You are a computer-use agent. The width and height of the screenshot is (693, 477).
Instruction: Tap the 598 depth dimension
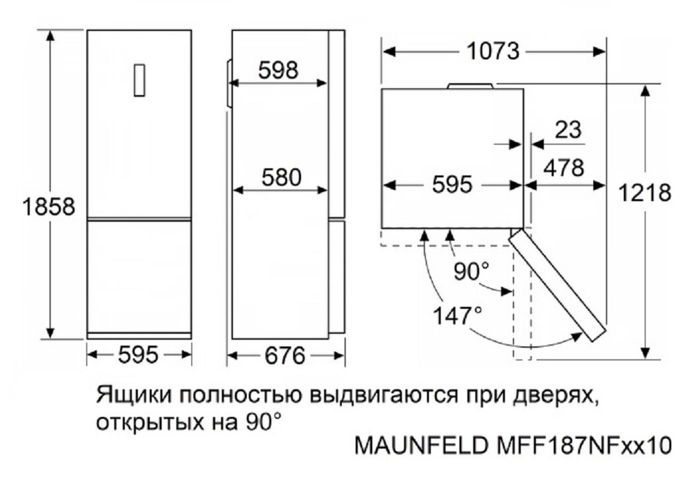coord(278,70)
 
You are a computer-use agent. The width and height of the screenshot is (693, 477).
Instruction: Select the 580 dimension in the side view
coord(280,177)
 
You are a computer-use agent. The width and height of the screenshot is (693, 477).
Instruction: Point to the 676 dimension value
coord(286,357)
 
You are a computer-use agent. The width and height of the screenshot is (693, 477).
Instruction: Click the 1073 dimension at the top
coord(493,51)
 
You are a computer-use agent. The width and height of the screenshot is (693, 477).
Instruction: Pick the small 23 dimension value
coord(568,129)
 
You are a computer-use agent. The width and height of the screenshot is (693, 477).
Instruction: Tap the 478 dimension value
coord(563,168)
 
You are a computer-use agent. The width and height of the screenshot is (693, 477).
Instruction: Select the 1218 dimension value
coord(645,193)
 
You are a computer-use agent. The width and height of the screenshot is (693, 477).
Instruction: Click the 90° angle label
coord(472,271)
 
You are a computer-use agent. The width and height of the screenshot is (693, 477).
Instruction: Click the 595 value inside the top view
coord(452,185)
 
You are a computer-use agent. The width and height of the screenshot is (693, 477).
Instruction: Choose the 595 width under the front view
coord(139,356)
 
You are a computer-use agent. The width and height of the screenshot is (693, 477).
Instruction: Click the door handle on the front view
coord(139,80)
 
